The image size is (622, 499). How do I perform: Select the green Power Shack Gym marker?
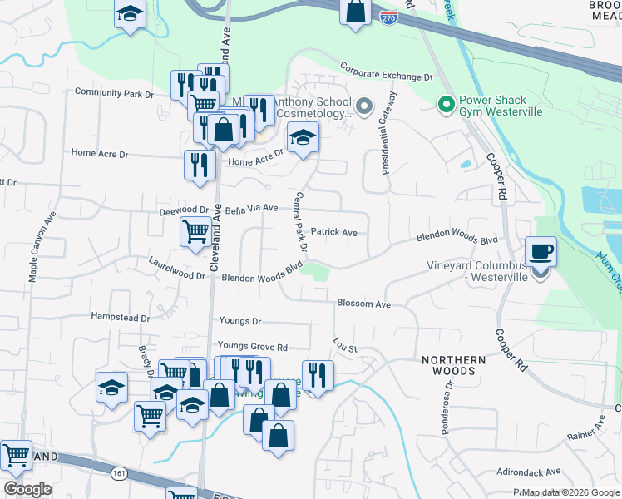(x=446, y=104)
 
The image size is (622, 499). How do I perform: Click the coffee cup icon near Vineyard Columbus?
(x=541, y=251)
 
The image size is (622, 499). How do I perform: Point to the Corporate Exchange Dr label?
(x=387, y=76)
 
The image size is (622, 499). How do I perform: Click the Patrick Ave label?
(x=333, y=233)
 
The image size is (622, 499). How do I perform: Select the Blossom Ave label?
(x=363, y=304)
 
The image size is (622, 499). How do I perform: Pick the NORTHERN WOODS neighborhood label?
(x=453, y=360)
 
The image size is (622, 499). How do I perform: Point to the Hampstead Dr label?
(x=121, y=318)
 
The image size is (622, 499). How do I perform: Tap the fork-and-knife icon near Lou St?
(x=318, y=375)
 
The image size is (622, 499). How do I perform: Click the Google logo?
(x=27, y=489)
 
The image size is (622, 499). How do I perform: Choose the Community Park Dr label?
(x=115, y=93)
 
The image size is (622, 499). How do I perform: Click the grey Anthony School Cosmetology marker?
(x=363, y=106)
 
